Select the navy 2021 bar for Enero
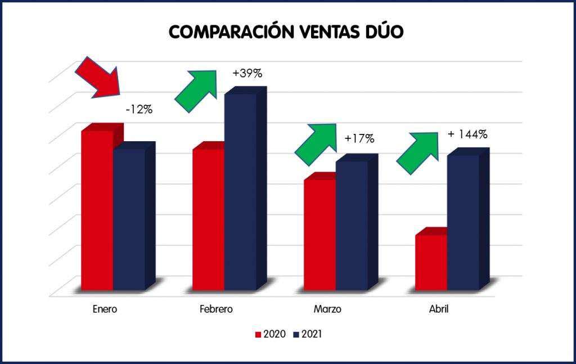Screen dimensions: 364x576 (129, 219)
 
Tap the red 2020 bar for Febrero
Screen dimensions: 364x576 (209, 219)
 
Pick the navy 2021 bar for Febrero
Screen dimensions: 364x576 (241, 191)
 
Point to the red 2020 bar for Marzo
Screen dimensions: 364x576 (320, 235)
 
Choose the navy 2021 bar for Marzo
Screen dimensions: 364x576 (352, 225)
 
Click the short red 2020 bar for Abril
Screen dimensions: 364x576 (431, 262)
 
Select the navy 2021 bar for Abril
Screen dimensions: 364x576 (463, 222)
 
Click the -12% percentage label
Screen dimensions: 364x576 (139, 109)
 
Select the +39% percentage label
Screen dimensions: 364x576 (247, 73)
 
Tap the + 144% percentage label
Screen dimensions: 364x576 (467, 134)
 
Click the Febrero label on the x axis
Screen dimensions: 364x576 (216, 309)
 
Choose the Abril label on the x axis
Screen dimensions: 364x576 (439, 309)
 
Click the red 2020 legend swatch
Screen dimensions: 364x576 (259, 334)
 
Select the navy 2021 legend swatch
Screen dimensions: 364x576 (296, 334)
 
